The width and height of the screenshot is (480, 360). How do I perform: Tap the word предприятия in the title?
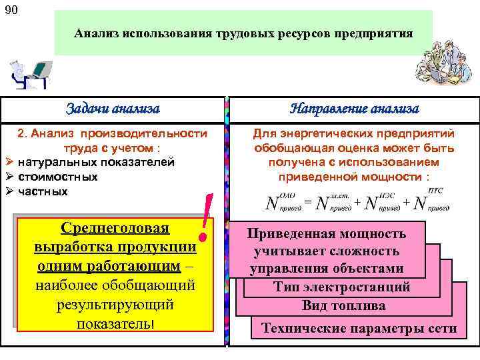pos(379,33)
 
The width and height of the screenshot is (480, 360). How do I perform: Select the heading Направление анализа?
pos(355,109)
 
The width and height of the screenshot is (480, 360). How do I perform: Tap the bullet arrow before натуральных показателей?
pos(9,162)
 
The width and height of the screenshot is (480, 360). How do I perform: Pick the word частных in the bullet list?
pos(43,191)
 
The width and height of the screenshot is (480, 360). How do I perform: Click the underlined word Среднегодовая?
pos(115,229)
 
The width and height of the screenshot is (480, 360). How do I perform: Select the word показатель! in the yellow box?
pos(115,323)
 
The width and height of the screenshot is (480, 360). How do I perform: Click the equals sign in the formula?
pos(308,201)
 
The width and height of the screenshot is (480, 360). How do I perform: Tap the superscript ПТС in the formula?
pos(435,191)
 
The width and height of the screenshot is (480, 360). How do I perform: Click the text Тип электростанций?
pos(342,287)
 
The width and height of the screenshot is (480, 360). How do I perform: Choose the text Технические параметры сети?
pos(359,328)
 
